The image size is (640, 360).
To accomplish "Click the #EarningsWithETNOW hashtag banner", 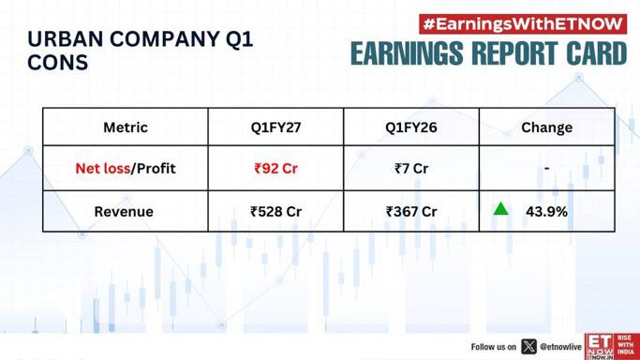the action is [x=523, y=24].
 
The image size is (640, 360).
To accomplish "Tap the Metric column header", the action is [x=126, y=127].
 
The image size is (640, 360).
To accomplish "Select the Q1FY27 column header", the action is [x=275, y=127].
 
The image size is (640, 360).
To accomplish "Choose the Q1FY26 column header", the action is [x=411, y=127].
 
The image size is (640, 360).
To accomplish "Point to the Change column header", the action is [x=546, y=127].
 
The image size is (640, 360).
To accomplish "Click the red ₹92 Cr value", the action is [x=275, y=168].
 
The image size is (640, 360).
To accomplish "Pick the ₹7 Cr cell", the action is [x=411, y=168].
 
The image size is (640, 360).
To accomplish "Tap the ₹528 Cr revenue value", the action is [x=275, y=212].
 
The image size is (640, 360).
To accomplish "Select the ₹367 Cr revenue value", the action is [x=411, y=212].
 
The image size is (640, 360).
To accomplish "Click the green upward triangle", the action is [x=500, y=209].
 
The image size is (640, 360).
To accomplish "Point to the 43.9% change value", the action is [x=546, y=212].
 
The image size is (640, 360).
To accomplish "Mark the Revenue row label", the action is [x=124, y=212].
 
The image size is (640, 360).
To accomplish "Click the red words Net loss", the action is [x=103, y=168].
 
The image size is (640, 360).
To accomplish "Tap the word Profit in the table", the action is [x=156, y=168].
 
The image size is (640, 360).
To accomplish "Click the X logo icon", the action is [x=528, y=347].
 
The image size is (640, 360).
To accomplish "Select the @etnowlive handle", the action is [x=560, y=347].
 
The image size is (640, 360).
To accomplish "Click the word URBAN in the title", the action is [x=66, y=39].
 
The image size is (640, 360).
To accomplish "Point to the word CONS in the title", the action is [x=57, y=63].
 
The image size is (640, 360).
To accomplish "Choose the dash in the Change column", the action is [x=546, y=168].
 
